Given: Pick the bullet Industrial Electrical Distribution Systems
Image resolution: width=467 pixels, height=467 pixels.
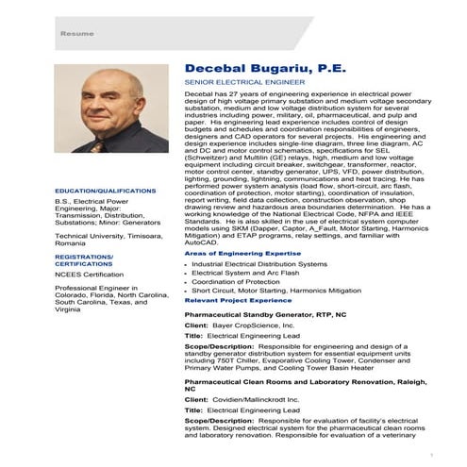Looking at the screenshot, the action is point(254,266).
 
